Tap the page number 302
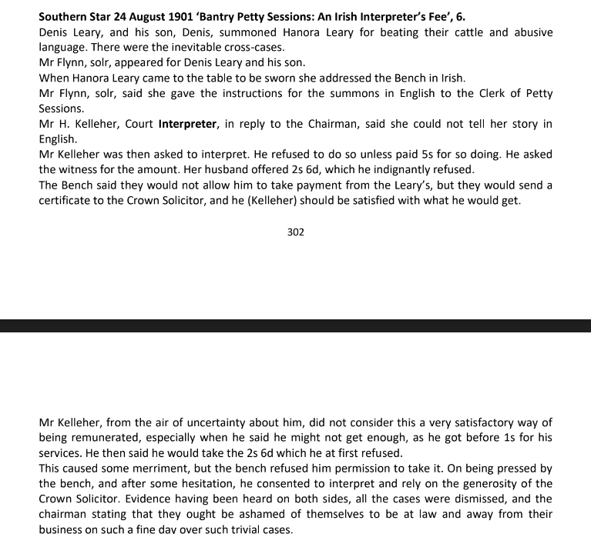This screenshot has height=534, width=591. (295, 232)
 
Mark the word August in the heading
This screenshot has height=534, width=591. (139, 16)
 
